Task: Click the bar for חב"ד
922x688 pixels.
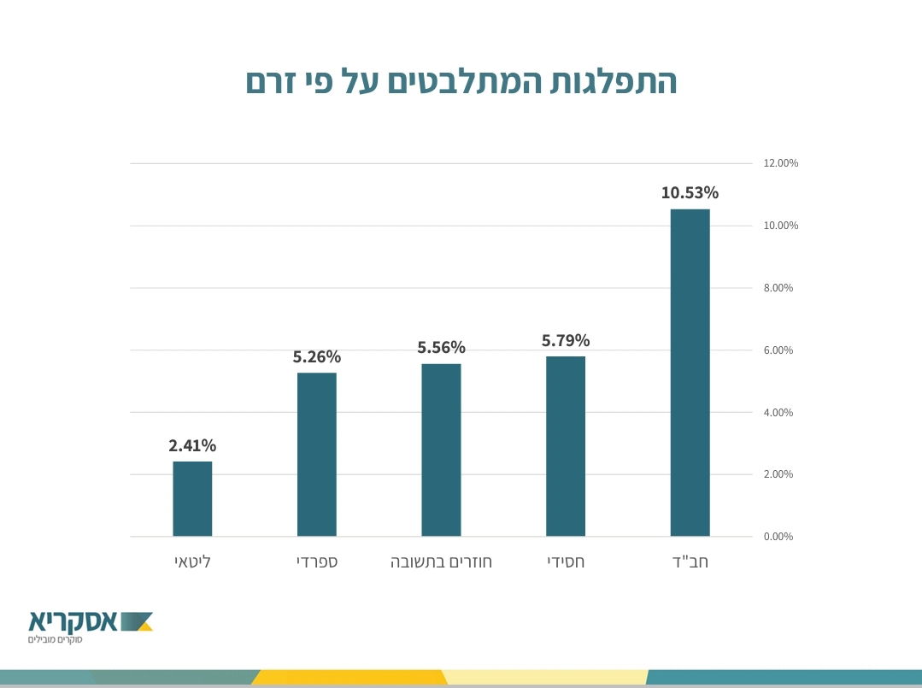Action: coord(690,373)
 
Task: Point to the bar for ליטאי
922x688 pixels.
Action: coord(192,499)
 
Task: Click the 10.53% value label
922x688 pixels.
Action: coord(690,192)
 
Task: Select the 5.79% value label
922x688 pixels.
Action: coord(566,340)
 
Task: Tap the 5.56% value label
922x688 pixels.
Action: coord(441,347)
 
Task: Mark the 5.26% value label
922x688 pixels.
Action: coord(317,356)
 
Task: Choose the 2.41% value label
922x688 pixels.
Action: coord(192,445)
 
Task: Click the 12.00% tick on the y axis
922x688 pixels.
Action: coord(781,163)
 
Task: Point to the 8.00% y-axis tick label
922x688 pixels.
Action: coord(778,288)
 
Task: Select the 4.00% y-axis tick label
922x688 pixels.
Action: coord(778,413)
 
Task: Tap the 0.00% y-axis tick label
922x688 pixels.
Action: coord(778,537)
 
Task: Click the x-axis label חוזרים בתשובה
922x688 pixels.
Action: coord(441,562)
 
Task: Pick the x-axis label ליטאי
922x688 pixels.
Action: coord(192,562)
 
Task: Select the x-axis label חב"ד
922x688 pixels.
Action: coord(691,562)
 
